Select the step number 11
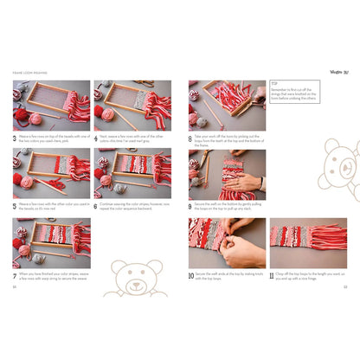(x=272, y=275)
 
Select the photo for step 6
(x=133, y=173)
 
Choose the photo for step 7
(x=51, y=243)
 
